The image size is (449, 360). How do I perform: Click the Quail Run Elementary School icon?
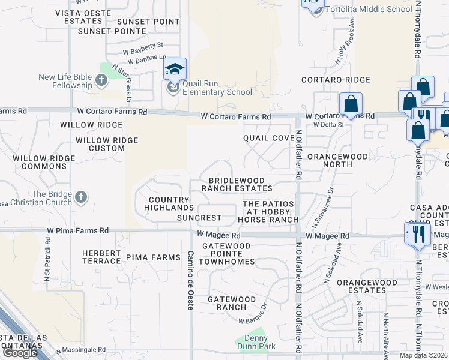coord(175,69)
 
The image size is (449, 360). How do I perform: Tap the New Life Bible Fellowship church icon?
coord(101,80)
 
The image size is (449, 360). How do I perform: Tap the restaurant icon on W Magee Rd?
coord(418,234)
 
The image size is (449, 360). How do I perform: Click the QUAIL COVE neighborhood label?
coord(268,138)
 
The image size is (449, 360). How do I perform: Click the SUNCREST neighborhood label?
coord(200,217)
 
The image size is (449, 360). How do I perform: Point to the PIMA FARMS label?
coord(153,257)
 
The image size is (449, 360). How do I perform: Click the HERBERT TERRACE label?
coord(101,257)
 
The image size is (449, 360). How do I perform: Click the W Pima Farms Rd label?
coord(79,230)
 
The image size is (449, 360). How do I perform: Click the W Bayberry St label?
coord(143,45)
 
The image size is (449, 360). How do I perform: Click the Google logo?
coord(19,353)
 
